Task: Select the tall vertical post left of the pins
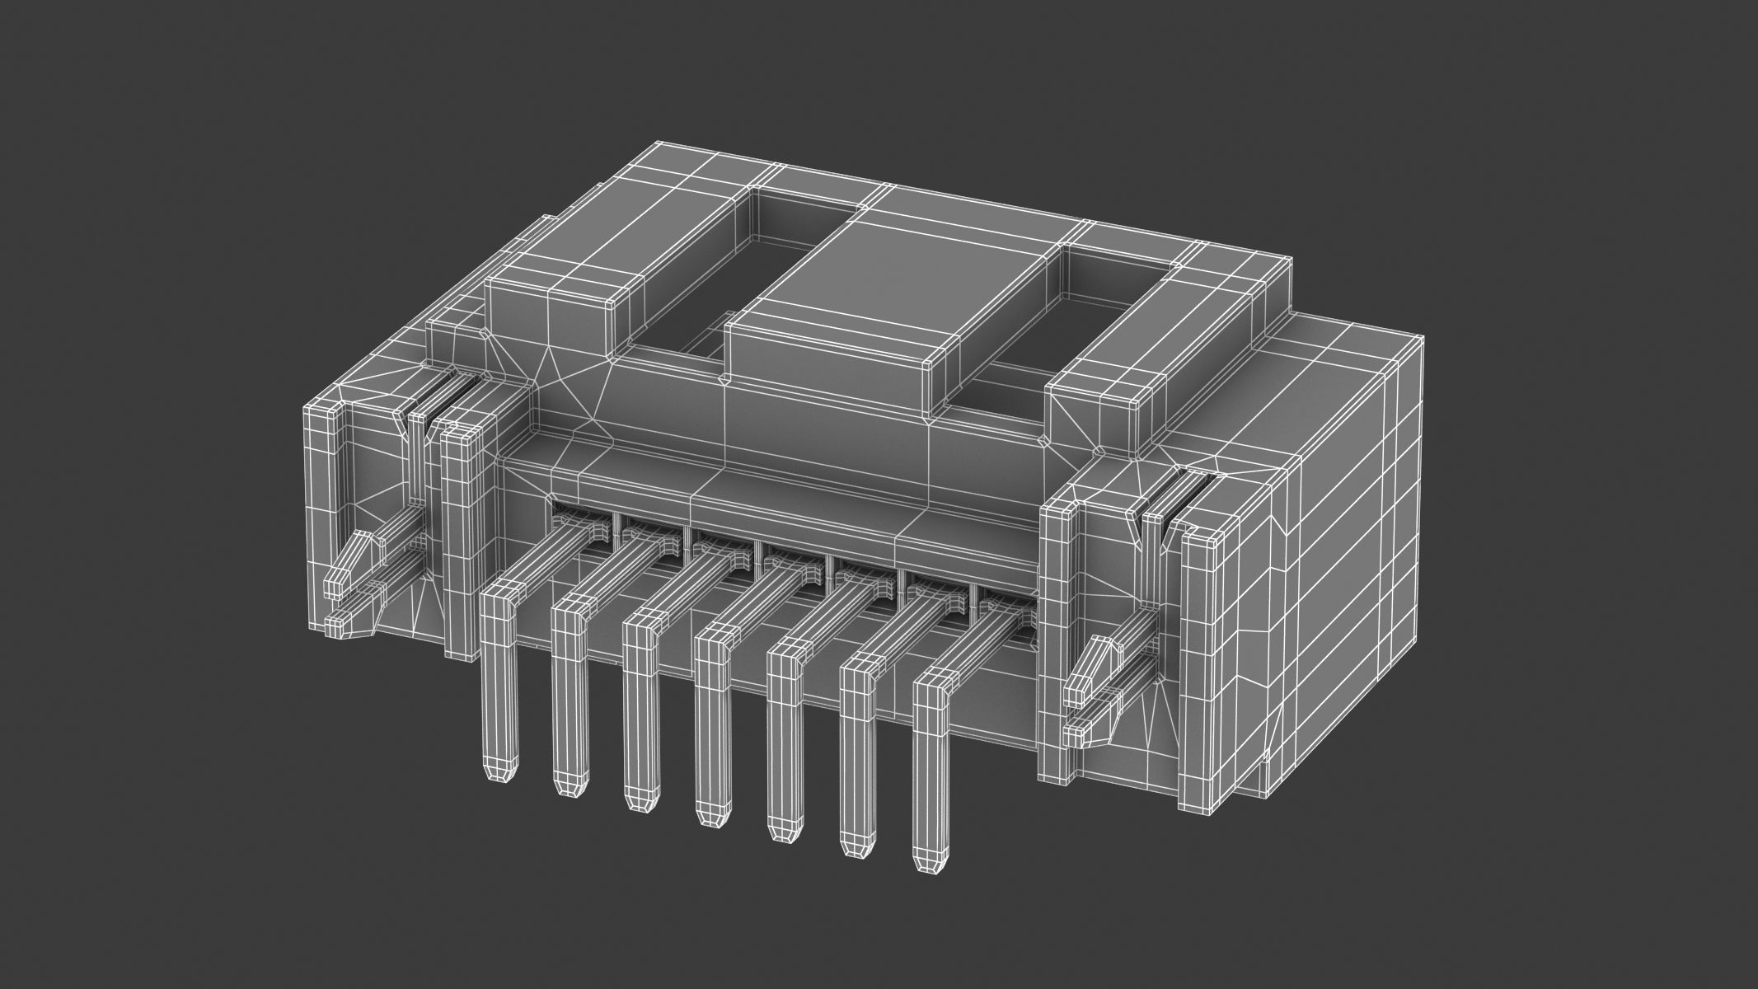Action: click(x=462, y=536)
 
